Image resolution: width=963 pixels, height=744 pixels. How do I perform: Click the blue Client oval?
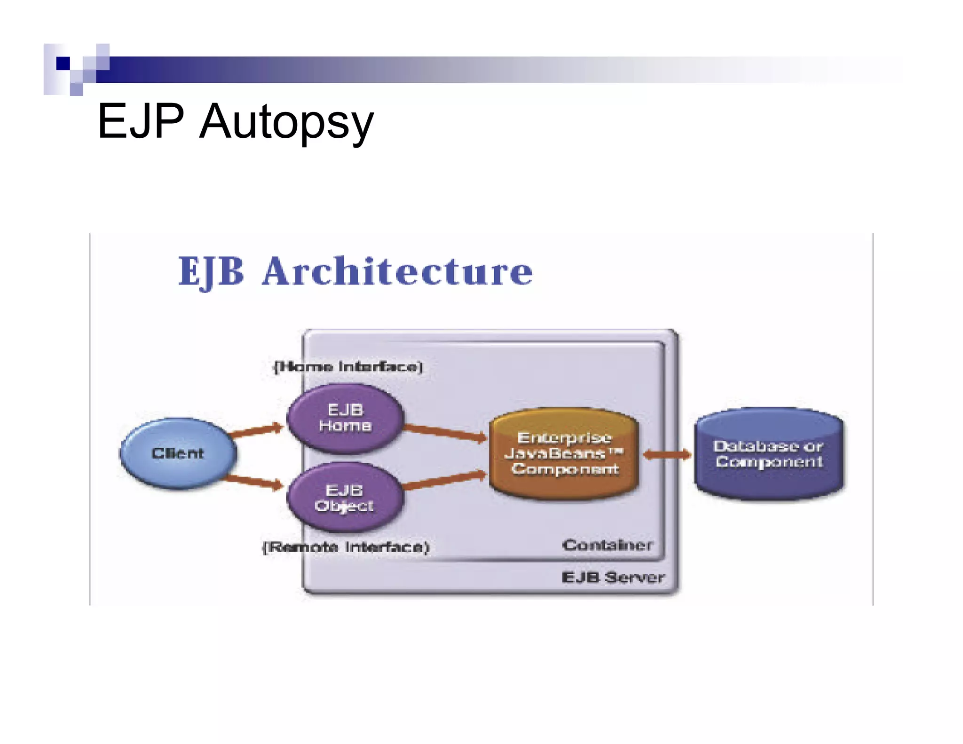(x=178, y=453)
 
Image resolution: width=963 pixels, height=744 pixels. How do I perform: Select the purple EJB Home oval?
(x=346, y=418)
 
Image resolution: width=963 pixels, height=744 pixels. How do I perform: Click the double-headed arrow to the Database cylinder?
(x=667, y=454)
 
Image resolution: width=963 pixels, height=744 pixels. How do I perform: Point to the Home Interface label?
(x=348, y=366)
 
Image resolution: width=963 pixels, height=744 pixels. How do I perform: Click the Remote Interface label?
(x=346, y=547)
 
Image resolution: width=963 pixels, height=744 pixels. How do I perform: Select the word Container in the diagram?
(x=607, y=545)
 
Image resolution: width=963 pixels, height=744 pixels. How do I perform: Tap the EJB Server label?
(x=613, y=577)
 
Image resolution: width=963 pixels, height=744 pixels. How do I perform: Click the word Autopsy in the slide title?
(x=286, y=122)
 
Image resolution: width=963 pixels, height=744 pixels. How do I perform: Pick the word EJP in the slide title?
(x=141, y=121)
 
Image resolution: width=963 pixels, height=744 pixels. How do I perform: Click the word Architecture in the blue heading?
(x=397, y=271)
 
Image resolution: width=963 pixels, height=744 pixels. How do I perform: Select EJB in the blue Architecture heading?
(x=212, y=271)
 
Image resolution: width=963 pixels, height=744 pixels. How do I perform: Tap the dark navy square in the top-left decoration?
(x=63, y=63)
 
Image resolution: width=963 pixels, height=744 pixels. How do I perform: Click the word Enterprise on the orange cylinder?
(x=564, y=438)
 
